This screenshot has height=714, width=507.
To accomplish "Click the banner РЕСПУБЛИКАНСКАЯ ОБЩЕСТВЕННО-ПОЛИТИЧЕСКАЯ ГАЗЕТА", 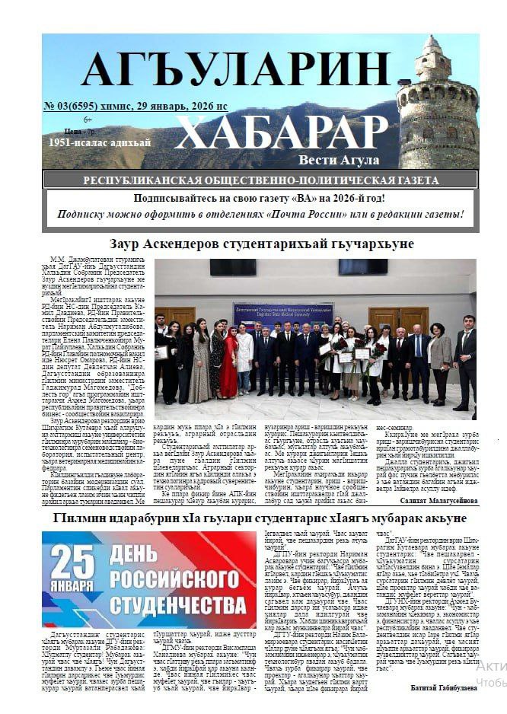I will tap(260, 180).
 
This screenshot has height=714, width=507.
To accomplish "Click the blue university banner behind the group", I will tap(282, 312).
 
